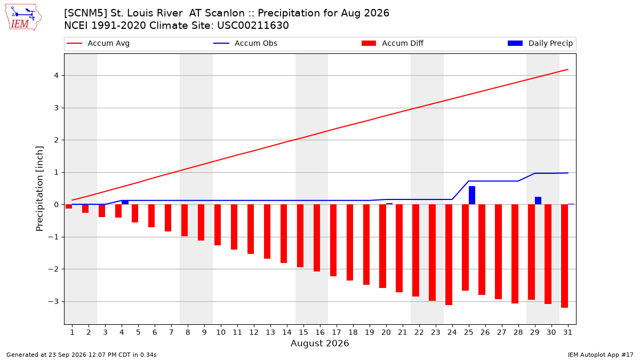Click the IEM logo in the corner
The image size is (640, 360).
click(x=23, y=18)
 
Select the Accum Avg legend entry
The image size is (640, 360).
click(x=98, y=43)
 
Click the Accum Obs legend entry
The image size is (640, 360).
click(x=245, y=43)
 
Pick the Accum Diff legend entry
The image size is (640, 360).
click(x=393, y=43)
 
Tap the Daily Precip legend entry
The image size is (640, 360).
click(x=540, y=43)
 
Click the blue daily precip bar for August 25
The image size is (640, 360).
click(x=472, y=195)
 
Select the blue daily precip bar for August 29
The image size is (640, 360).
click(x=538, y=201)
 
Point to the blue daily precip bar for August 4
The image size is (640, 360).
click(x=125, y=202)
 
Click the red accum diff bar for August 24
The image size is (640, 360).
click(x=449, y=255)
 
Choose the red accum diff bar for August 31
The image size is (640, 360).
click(x=564, y=256)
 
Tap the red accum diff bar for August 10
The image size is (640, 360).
click(x=218, y=225)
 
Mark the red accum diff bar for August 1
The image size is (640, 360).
click(x=69, y=206)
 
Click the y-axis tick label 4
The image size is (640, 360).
click(x=56, y=76)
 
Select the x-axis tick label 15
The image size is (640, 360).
click(x=303, y=332)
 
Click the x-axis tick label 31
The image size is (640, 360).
click(x=567, y=332)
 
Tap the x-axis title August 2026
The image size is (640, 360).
click(x=319, y=343)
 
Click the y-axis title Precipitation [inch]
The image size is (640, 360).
click(x=39, y=189)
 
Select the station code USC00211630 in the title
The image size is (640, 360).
click(x=253, y=26)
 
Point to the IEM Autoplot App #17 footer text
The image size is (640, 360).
click(x=601, y=355)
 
